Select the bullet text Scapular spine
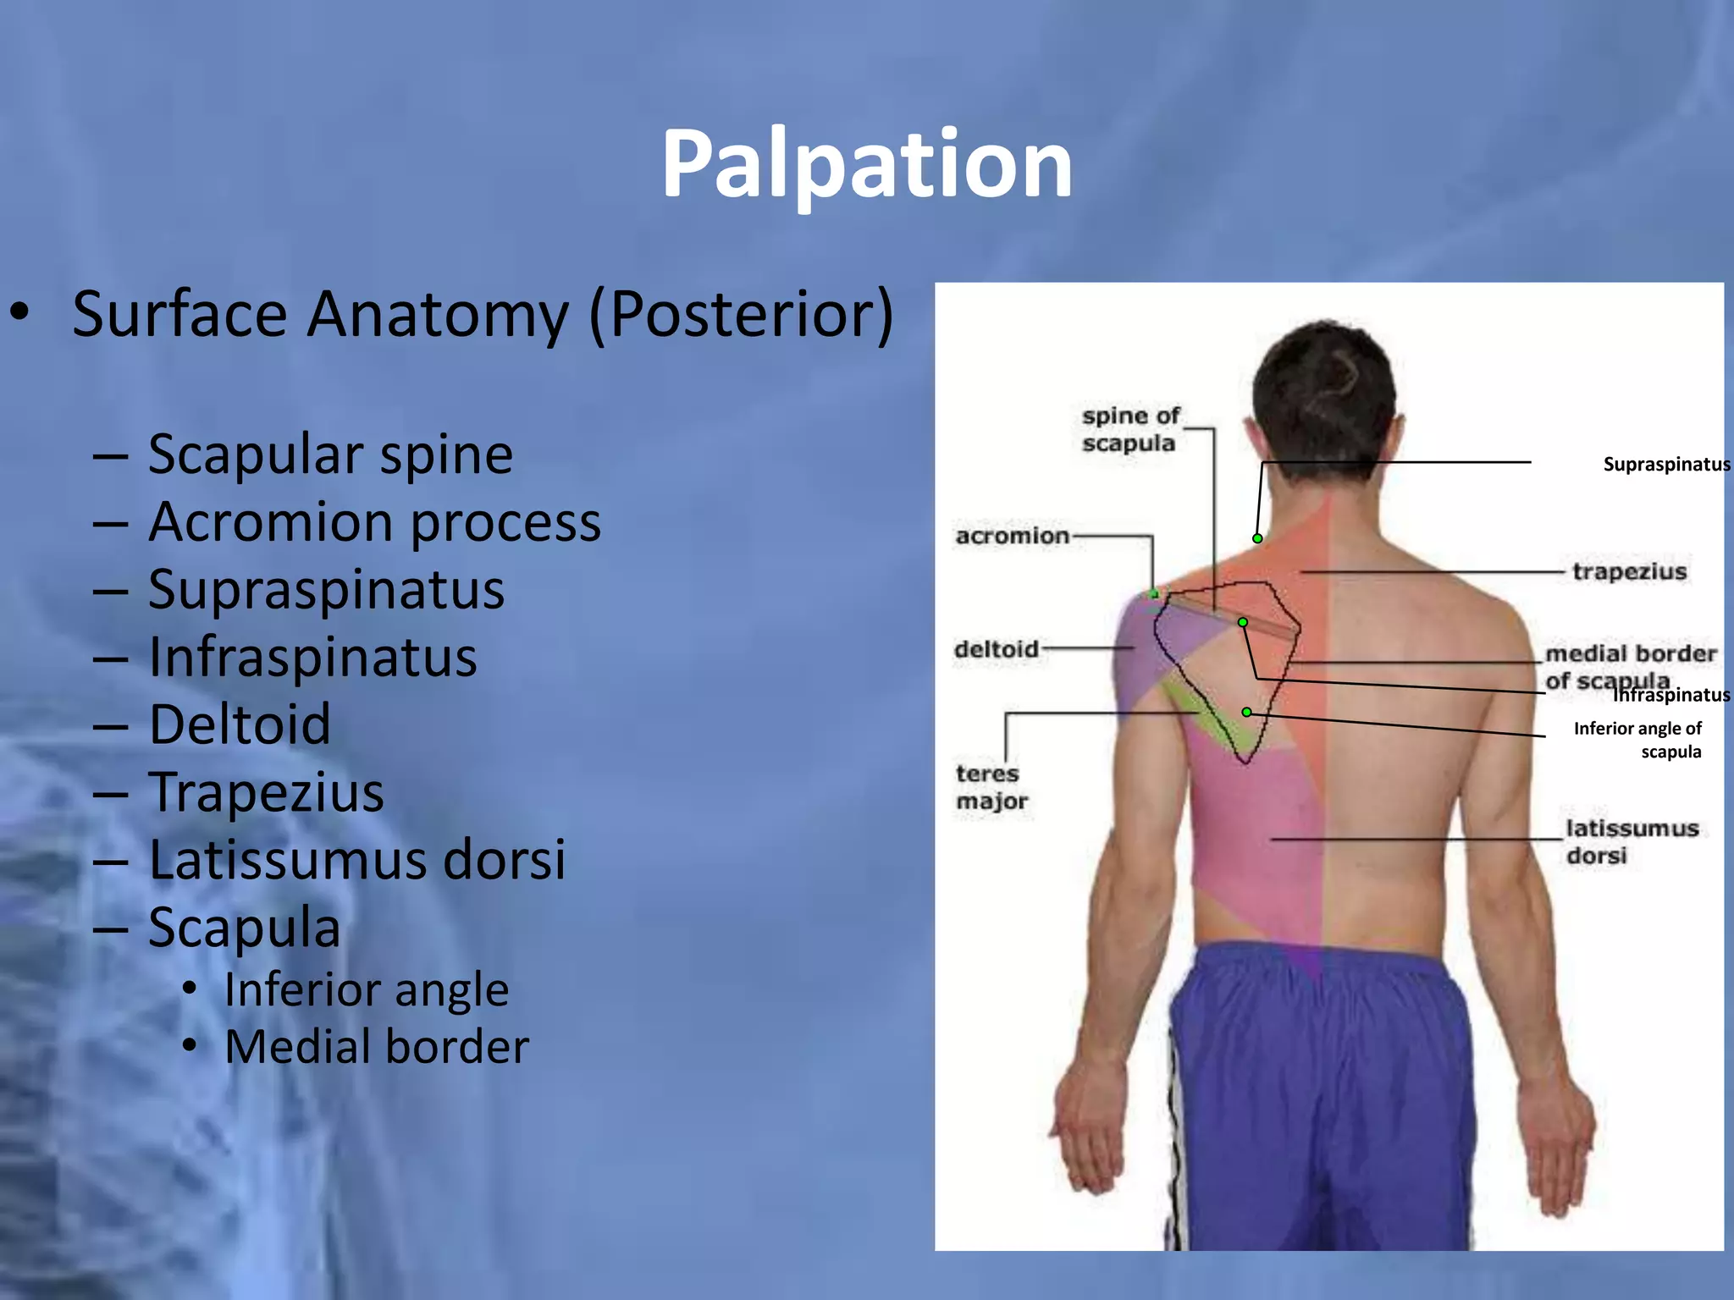tap(330, 454)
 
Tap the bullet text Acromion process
tap(374, 522)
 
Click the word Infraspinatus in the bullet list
tap(312, 657)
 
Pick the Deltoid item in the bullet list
tap(240, 724)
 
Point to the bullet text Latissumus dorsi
tap(356, 860)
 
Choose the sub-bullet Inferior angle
tap(366, 989)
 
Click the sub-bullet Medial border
tap(377, 1047)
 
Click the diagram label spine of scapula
tap(1129, 429)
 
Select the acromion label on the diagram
tap(1012, 536)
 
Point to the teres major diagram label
tap(991, 786)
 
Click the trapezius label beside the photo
tap(1629, 571)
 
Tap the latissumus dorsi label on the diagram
tap(1631, 841)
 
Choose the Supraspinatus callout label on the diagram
tap(1665, 464)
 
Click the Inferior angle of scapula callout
tap(1637, 740)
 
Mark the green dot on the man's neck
tap(1257, 538)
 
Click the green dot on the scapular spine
tap(1242, 622)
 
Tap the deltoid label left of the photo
tap(996, 649)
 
